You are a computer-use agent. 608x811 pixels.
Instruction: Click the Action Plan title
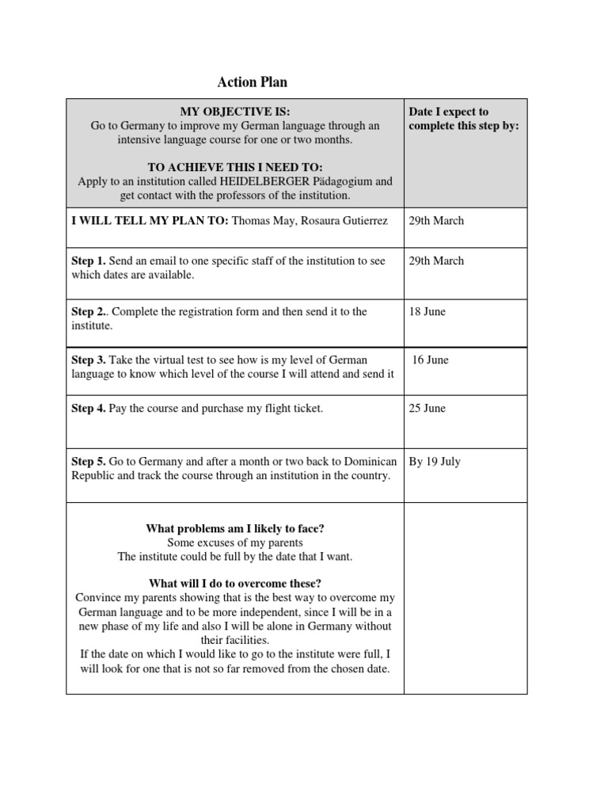253,82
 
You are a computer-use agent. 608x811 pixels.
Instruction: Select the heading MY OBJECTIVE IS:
235,112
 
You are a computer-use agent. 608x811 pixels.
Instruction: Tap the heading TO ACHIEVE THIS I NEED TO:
235,167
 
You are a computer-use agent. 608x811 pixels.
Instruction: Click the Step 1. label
89,261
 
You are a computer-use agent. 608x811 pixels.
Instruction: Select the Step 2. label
89,311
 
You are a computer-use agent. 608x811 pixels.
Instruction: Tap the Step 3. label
89,360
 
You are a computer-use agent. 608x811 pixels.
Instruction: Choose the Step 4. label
89,409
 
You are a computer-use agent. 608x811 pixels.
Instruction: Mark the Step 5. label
89,462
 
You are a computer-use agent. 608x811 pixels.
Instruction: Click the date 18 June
427,311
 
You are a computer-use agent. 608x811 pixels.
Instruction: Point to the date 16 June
431,360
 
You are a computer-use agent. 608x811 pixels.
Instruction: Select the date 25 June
427,409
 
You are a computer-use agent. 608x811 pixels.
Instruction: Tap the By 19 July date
435,462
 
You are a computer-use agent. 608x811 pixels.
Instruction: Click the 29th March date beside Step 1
436,261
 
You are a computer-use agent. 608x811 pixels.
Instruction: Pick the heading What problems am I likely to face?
235,528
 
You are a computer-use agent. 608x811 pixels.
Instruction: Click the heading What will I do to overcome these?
235,583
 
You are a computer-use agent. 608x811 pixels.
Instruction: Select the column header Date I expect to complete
463,119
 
